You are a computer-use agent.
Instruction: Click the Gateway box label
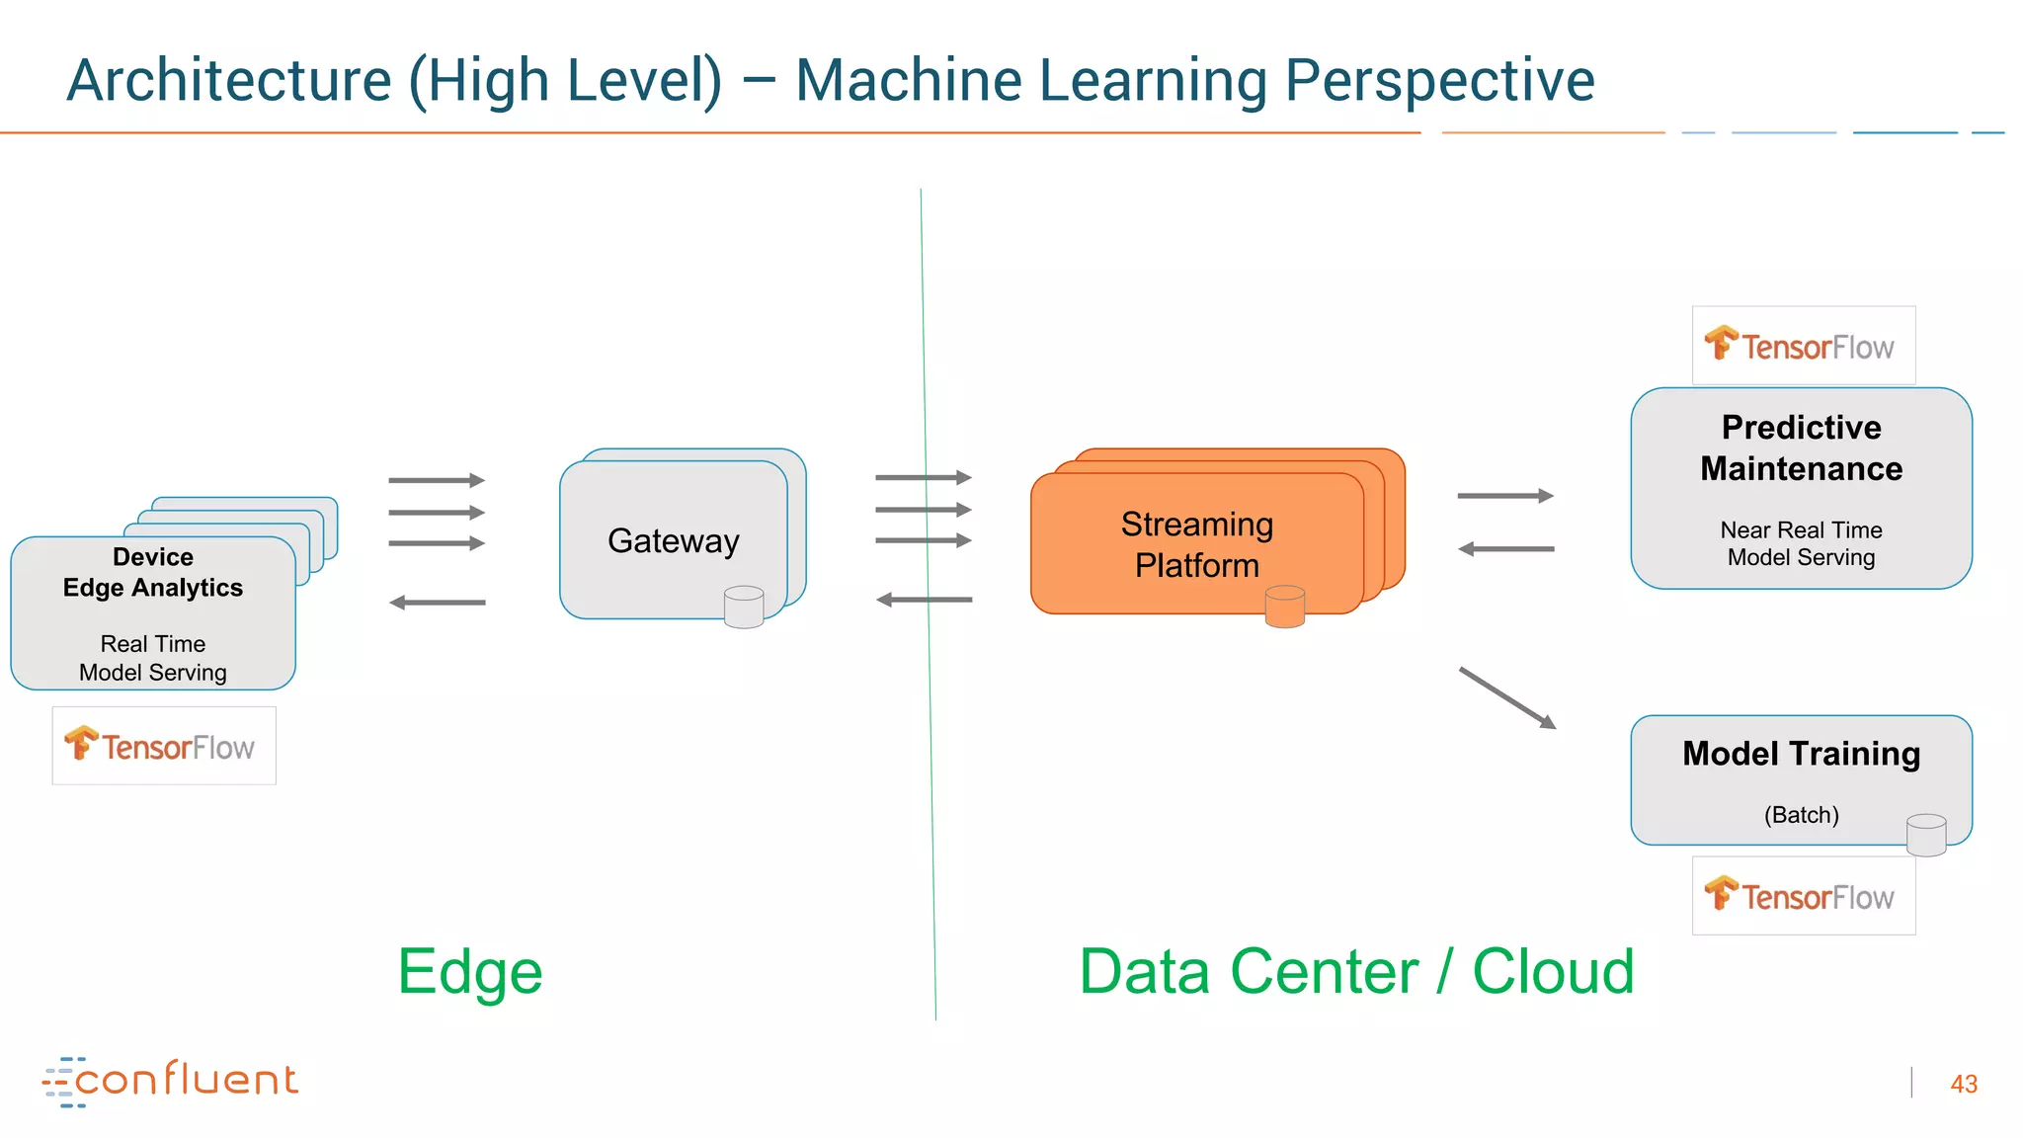click(x=673, y=540)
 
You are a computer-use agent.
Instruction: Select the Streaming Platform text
click(x=1196, y=544)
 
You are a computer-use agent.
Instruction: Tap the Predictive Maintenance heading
click(x=1801, y=447)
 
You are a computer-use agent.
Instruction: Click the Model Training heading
click(x=1801, y=754)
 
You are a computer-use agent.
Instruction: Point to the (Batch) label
click(x=1801, y=815)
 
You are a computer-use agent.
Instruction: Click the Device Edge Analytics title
click(x=153, y=573)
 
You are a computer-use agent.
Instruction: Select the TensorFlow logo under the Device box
click(x=163, y=746)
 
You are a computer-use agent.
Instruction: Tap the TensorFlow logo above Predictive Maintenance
click(x=1803, y=346)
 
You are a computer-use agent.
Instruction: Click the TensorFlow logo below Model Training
click(x=1803, y=896)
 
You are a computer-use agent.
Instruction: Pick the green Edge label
click(x=470, y=971)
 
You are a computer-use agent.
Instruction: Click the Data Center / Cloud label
click(x=1356, y=971)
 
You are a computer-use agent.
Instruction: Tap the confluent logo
click(x=170, y=1081)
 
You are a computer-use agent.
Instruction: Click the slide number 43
click(x=1963, y=1084)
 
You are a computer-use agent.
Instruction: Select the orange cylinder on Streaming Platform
click(x=1284, y=607)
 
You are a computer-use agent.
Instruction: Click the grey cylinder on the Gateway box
click(x=743, y=608)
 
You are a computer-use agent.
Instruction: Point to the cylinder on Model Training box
click(x=1925, y=835)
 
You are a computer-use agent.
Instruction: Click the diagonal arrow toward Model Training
click(x=1507, y=697)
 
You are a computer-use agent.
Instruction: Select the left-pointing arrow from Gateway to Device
click(x=438, y=602)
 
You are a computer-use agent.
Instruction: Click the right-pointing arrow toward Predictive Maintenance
click(x=1504, y=496)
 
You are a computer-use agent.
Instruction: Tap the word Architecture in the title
click(x=229, y=80)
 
